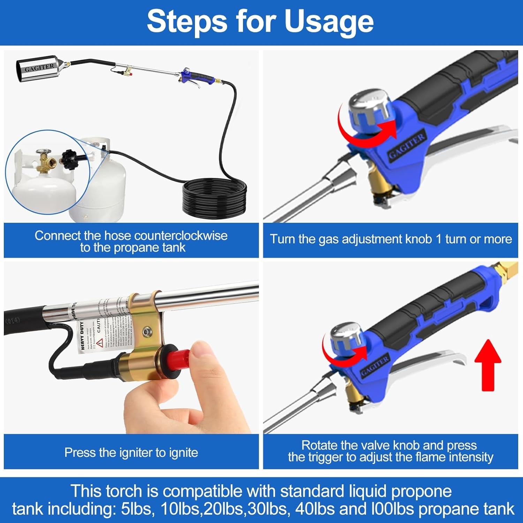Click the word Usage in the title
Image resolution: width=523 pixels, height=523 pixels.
(329, 22)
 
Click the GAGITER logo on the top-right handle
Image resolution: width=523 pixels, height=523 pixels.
(407, 146)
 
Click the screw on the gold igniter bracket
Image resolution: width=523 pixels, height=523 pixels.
(147, 331)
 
